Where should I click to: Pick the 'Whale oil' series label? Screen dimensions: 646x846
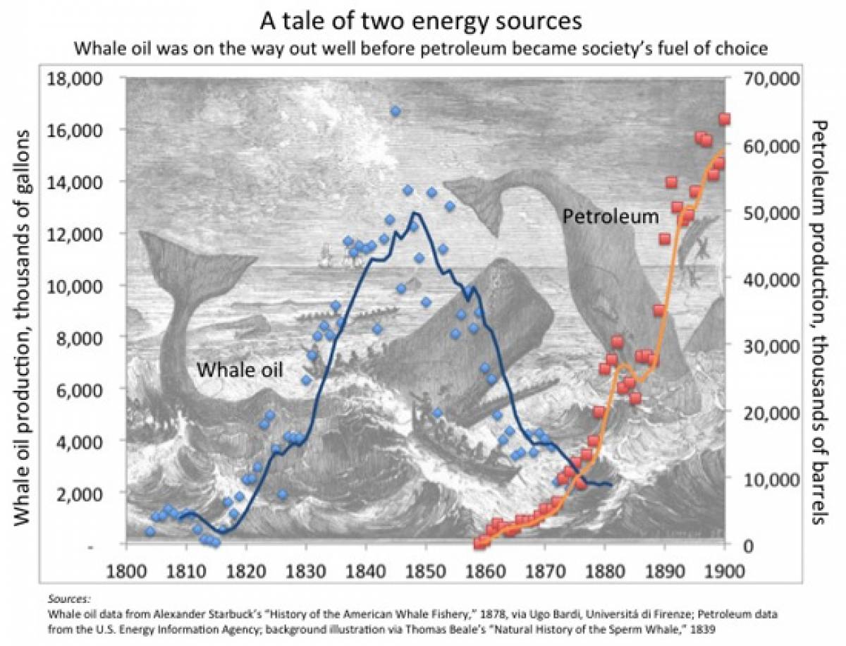[x=239, y=369]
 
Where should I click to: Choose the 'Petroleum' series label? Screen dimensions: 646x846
[x=610, y=216]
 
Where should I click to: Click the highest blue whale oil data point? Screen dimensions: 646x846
[x=396, y=111]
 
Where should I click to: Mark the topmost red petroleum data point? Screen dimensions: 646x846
[x=724, y=118]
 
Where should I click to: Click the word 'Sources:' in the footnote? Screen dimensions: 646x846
[x=70, y=597]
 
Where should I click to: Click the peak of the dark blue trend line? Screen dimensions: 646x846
[x=416, y=212]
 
